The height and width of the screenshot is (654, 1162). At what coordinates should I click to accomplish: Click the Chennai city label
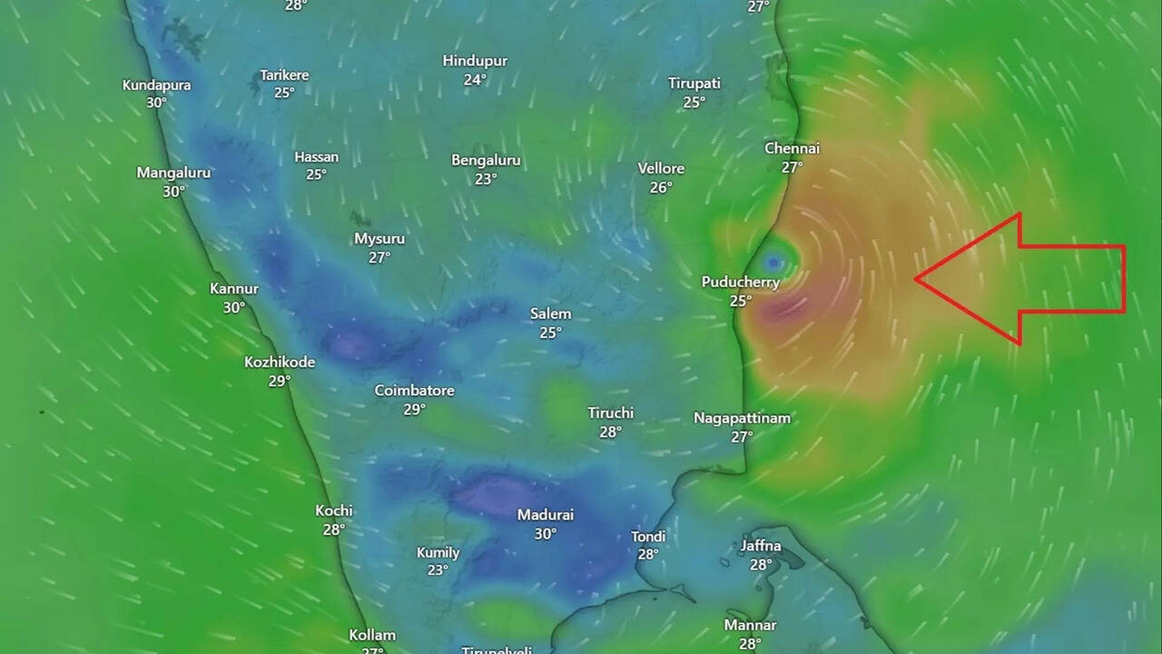coord(792,148)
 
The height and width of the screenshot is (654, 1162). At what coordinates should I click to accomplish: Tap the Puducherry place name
coord(740,282)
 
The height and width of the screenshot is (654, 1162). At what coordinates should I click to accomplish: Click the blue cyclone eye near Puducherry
coord(773,263)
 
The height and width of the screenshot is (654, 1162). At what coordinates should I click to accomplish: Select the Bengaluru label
coord(486,160)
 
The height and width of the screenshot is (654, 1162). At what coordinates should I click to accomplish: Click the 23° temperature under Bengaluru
coord(486,179)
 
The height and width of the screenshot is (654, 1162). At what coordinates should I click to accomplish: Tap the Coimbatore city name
coord(414,391)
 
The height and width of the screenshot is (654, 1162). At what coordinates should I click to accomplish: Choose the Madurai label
coord(545,515)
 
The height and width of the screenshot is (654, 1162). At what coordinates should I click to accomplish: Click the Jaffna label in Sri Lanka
coord(760,546)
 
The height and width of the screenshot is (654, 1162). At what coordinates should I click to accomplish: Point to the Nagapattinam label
coord(742,418)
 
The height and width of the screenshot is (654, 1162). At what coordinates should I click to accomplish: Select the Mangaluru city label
coord(173,173)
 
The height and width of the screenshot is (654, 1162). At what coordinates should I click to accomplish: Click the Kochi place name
coord(333,510)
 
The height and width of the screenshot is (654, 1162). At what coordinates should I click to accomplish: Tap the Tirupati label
coord(694,84)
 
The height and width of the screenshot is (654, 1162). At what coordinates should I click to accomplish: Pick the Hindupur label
coord(475,61)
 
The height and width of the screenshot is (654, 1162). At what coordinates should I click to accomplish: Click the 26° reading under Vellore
coord(660,187)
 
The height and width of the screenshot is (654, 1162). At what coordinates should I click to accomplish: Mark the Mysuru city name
coord(379,239)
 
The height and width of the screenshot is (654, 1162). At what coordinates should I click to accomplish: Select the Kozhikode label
coord(280,362)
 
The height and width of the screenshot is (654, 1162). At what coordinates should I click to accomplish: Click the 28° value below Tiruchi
coord(610,431)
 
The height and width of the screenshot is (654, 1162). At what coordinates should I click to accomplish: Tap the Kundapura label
coord(156,84)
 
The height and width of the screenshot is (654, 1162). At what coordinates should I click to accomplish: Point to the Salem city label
coord(550,313)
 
